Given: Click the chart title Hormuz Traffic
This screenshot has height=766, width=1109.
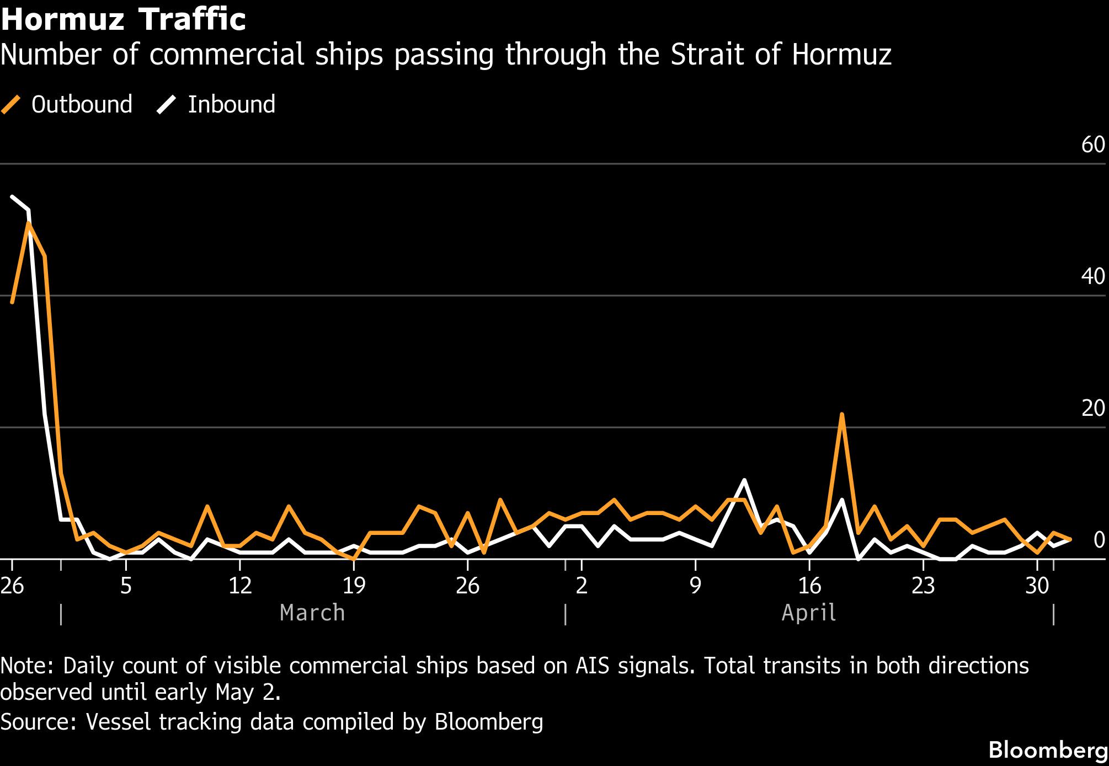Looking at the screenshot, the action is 123,19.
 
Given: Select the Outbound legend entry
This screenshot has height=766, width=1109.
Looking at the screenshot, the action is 67,104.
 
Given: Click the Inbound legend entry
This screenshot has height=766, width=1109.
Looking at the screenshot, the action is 216,104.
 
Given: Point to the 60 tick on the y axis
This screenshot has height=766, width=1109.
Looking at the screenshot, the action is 1093,144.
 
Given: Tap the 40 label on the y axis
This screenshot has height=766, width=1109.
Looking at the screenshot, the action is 1093,276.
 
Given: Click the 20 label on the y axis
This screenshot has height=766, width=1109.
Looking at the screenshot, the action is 1093,408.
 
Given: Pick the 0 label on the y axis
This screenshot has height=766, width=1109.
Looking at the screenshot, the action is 1099,540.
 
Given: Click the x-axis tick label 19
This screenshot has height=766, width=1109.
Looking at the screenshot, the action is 354,586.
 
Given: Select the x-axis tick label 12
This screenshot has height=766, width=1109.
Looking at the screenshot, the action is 240,586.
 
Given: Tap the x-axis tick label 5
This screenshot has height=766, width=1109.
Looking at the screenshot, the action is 126,586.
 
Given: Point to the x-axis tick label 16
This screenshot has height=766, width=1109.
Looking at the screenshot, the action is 809,586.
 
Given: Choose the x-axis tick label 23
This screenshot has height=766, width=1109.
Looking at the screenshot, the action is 923,586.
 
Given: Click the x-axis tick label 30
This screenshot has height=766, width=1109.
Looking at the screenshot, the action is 1037,586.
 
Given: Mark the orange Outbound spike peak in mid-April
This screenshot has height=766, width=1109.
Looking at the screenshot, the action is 842,414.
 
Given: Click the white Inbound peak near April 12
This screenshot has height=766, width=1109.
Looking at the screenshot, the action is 744,480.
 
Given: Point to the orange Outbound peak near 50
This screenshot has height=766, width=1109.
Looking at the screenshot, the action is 28,223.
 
